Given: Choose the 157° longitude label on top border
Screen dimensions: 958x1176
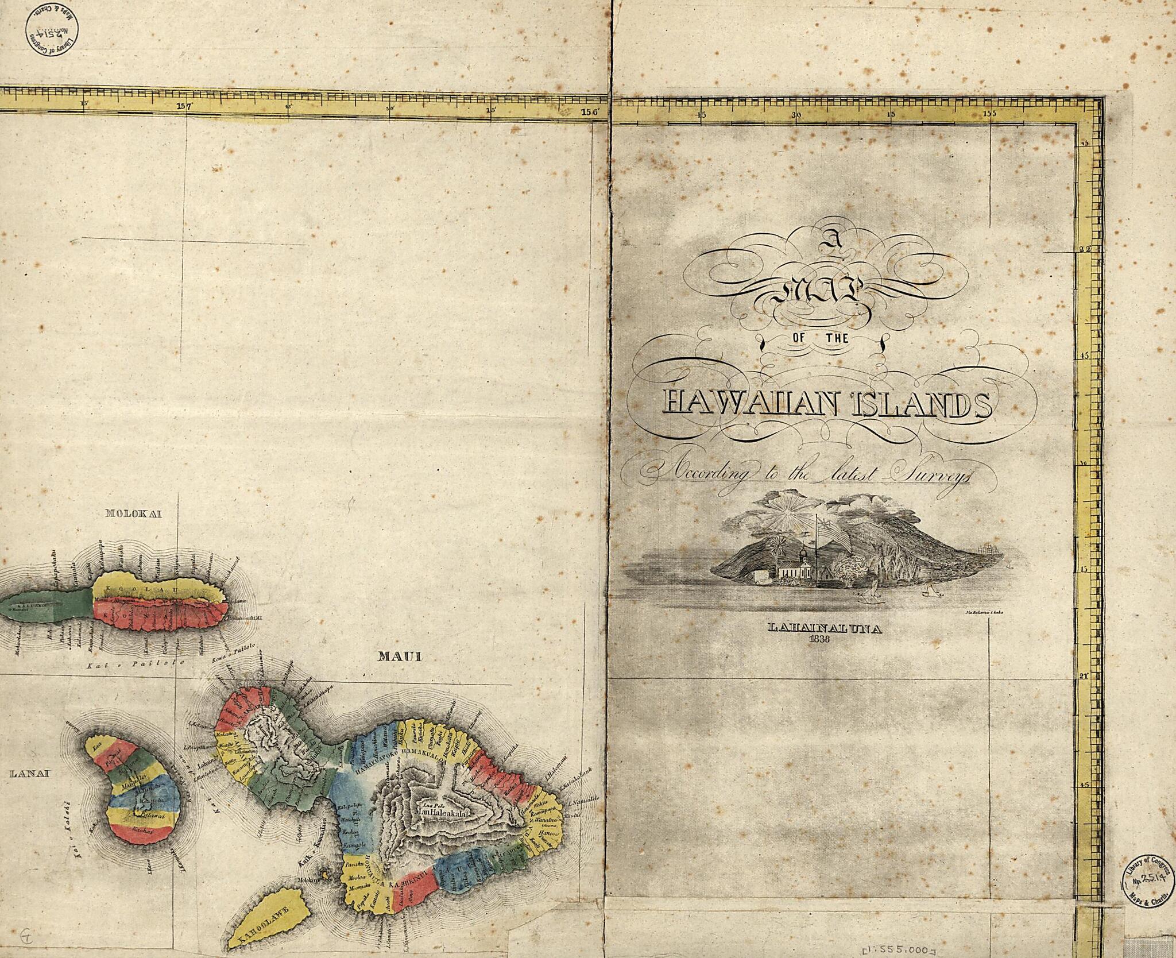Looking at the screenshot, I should coord(184,106).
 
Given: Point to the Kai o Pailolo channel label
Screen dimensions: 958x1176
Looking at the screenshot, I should coord(133,663).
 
